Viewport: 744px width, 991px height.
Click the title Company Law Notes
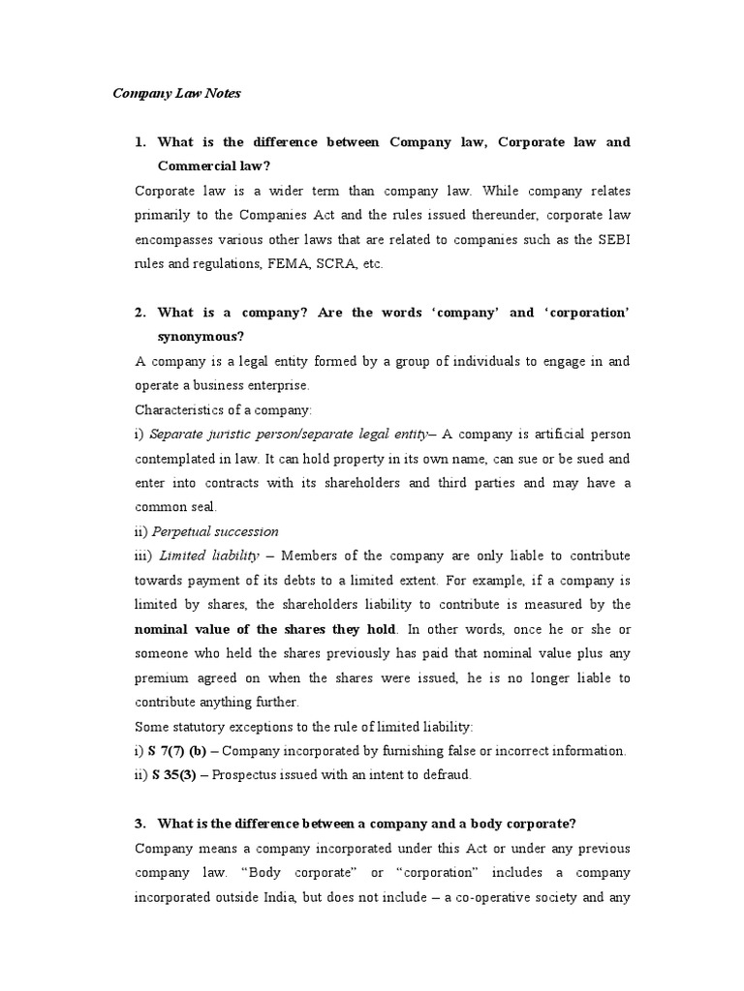[x=176, y=94]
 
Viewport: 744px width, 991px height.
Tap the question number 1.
[x=140, y=142]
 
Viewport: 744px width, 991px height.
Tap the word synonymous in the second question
[x=201, y=337]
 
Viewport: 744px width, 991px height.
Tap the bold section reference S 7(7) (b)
[x=183, y=751]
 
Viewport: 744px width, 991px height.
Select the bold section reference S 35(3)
[x=179, y=775]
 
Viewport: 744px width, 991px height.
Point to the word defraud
[x=445, y=775]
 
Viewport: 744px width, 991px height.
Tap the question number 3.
[x=140, y=824]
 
